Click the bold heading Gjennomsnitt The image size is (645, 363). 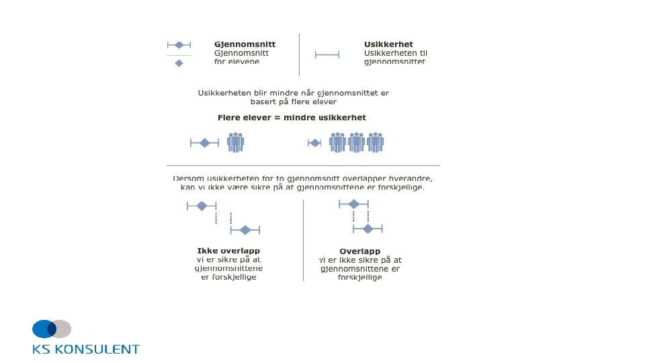pyautogui.click(x=245, y=44)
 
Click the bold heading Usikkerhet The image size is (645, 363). pyautogui.click(x=388, y=44)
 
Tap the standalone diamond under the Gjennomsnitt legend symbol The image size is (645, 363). pyautogui.click(x=179, y=63)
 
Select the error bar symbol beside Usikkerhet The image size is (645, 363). pyautogui.click(x=327, y=54)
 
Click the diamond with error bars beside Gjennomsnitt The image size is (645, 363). pyautogui.click(x=179, y=45)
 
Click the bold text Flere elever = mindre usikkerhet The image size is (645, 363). pyautogui.click(x=292, y=118)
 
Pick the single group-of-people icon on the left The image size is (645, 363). pyautogui.click(x=235, y=143)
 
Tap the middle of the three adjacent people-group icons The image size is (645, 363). pyautogui.click(x=356, y=143)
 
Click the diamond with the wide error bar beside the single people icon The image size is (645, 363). pyautogui.click(x=205, y=143)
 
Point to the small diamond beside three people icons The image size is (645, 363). pyautogui.click(x=314, y=143)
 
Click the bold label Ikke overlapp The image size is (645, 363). pyautogui.click(x=224, y=251)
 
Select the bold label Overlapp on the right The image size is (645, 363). pyautogui.click(x=360, y=251)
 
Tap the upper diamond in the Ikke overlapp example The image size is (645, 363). pyautogui.click(x=202, y=206)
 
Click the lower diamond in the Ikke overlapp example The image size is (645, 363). pyautogui.click(x=245, y=230)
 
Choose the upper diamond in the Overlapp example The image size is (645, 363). pyautogui.click(x=353, y=204)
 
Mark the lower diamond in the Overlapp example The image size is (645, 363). pyautogui.click(x=368, y=229)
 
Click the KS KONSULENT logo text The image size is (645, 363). pyautogui.click(x=86, y=349)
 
